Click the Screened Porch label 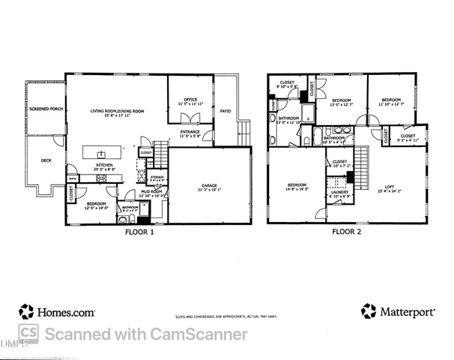pos(44,109)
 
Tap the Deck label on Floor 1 pos(46,160)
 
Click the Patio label pos(226,111)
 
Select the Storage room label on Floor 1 pos(157,177)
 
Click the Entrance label pos(190,133)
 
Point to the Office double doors pos(192,118)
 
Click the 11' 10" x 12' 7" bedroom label pos(391,101)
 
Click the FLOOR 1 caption pos(139,232)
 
